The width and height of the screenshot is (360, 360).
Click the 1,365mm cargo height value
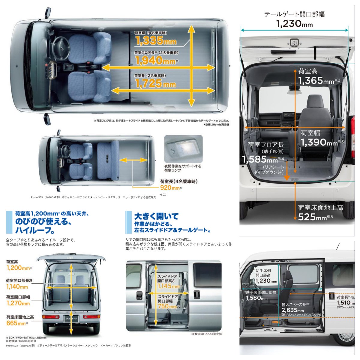316,81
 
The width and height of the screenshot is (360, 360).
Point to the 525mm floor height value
312,217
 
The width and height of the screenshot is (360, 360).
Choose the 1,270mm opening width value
18,303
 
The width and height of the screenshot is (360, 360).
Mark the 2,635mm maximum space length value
292,310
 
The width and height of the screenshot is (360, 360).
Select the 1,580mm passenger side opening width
256,298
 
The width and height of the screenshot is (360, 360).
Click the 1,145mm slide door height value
169,286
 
